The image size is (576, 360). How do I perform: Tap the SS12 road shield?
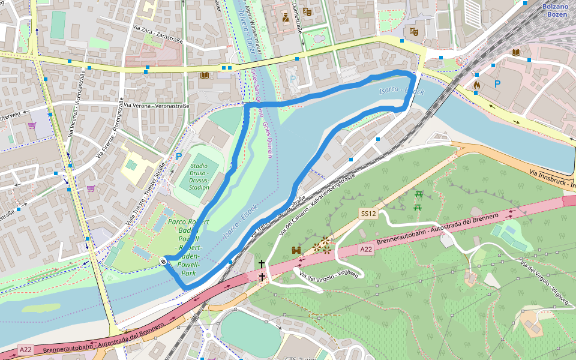(x=368, y=214)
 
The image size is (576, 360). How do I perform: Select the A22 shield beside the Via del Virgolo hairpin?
(x=366, y=248)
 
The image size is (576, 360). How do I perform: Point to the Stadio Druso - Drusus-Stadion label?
(x=199, y=176)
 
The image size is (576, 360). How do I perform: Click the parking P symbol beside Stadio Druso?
(x=178, y=157)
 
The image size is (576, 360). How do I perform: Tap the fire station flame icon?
(x=477, y=85)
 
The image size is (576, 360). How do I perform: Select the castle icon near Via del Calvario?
(x=295, y=250)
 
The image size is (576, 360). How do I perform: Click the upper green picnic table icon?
(x=419, y=194)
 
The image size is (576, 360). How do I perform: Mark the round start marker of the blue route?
(x=163, y=261)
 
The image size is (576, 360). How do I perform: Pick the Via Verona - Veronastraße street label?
(x=155, y=106)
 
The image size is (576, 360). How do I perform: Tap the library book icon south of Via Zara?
(x=204, y=75)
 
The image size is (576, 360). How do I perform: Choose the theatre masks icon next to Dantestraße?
(x=307, y=11)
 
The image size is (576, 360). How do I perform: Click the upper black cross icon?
(x=261, y=263)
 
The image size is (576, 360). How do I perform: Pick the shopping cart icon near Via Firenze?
(x=91, y=188)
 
